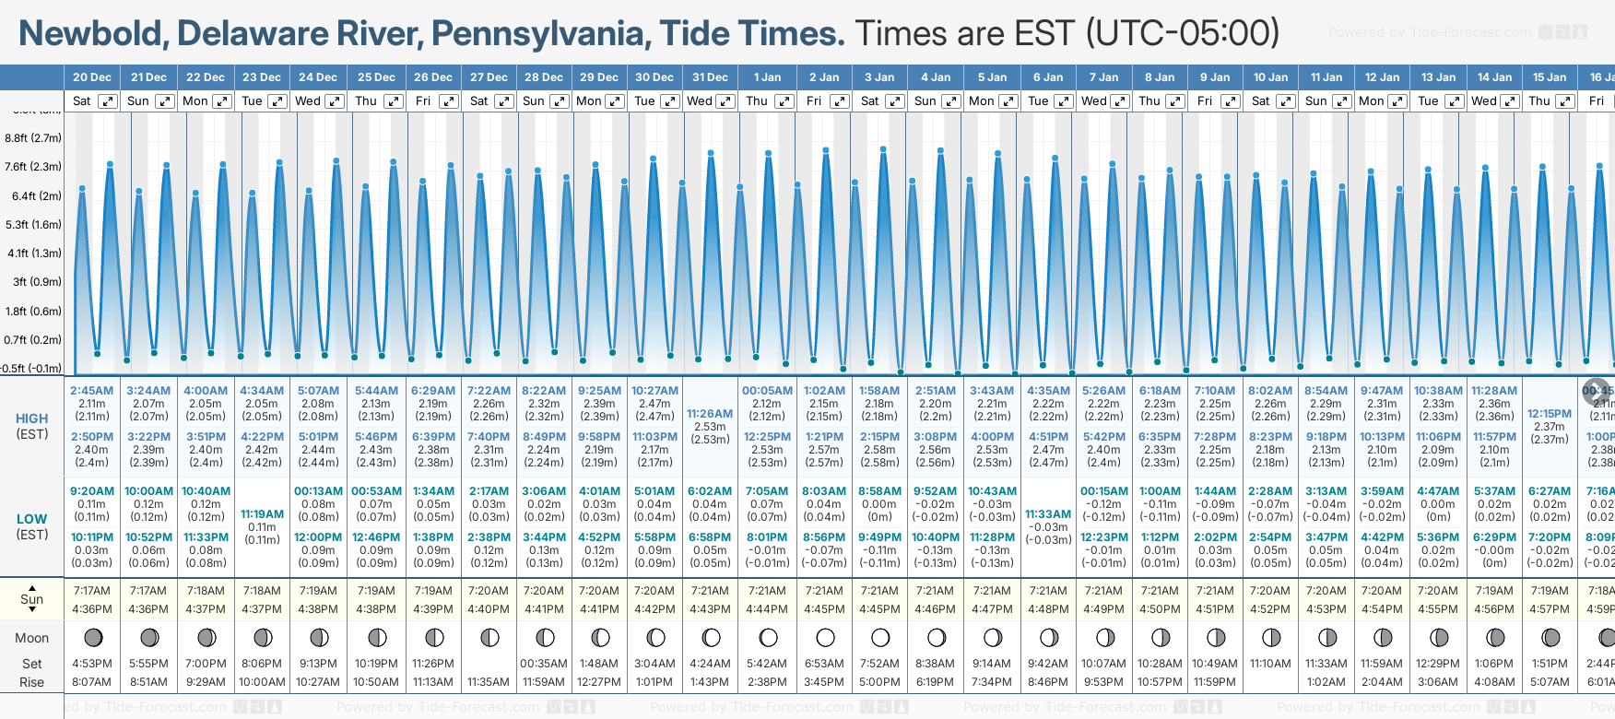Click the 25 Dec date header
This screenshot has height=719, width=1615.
tap(376, 77)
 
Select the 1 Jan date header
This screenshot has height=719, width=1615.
tap(767, 77)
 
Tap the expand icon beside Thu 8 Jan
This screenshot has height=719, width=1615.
tap(1175, 101)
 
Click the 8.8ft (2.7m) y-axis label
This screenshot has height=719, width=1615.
tap(33, 138)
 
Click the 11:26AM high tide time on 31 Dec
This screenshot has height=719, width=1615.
tap(710, 414)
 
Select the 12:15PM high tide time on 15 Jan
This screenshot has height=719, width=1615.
tap(1550, 414)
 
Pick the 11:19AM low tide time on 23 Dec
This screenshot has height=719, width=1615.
tap(263, 514)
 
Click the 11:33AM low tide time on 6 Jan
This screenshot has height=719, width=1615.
tap(1049, 514)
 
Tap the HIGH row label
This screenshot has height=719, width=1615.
tap(32, 418)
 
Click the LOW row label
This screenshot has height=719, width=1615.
tap(32, 519)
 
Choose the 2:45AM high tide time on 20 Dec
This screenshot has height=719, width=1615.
tap(92, 391)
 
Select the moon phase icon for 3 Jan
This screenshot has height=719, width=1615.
tap(880, 637)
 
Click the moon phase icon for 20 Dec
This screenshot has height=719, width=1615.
tap(92, 637)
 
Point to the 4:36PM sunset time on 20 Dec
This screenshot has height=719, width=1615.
tap(92, 609)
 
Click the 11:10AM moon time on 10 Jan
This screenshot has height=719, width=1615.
tap(1270, 664)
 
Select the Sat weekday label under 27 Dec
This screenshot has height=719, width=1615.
tap(479, 101)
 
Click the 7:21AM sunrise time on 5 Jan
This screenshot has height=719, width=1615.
tap(992, 591)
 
